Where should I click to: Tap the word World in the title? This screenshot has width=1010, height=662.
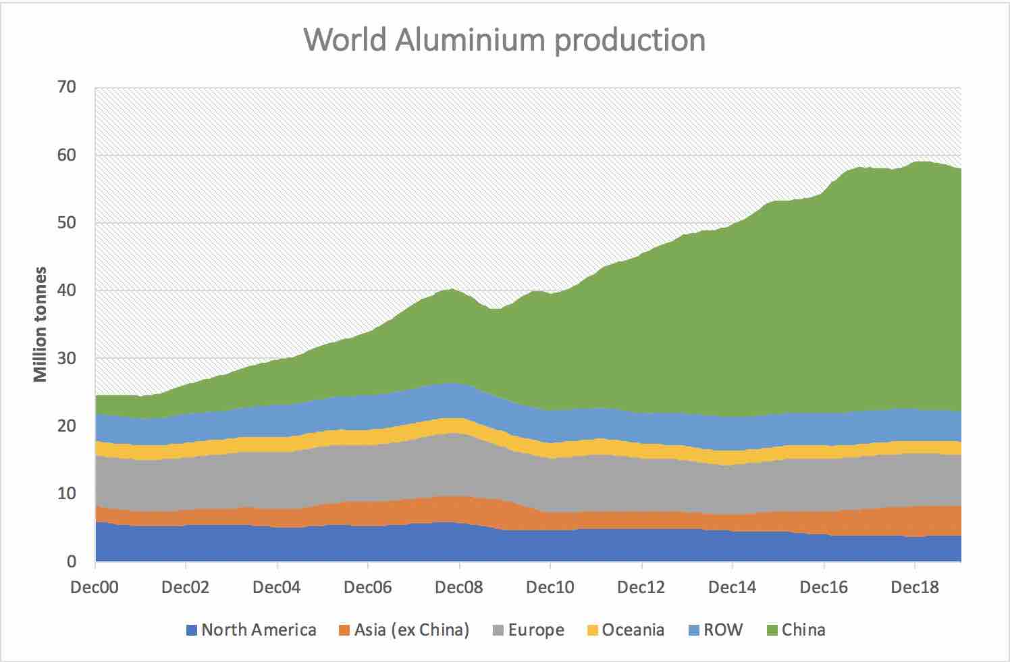tap(345, 40)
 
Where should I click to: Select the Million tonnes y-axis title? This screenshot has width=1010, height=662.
tap(41, 324)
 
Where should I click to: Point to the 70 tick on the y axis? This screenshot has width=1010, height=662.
tap(66, 87)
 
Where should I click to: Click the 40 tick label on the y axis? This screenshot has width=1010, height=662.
tap(66, 290)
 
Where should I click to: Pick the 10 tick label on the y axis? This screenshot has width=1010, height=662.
tap(66, 494)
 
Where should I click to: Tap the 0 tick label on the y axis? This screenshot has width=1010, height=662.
tap(71, 561)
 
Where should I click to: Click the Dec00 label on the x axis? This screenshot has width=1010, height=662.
tap(95, 587)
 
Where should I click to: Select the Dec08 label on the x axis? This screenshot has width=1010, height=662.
tap(459, 587)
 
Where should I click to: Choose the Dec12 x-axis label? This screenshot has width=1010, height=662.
tap(641, 587)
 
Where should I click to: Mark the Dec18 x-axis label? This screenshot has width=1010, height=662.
tap(915, 587)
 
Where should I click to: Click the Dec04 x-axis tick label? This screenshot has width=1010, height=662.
tap(277, 587)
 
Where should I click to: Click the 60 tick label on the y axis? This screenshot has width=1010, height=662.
tap(66, 155)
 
